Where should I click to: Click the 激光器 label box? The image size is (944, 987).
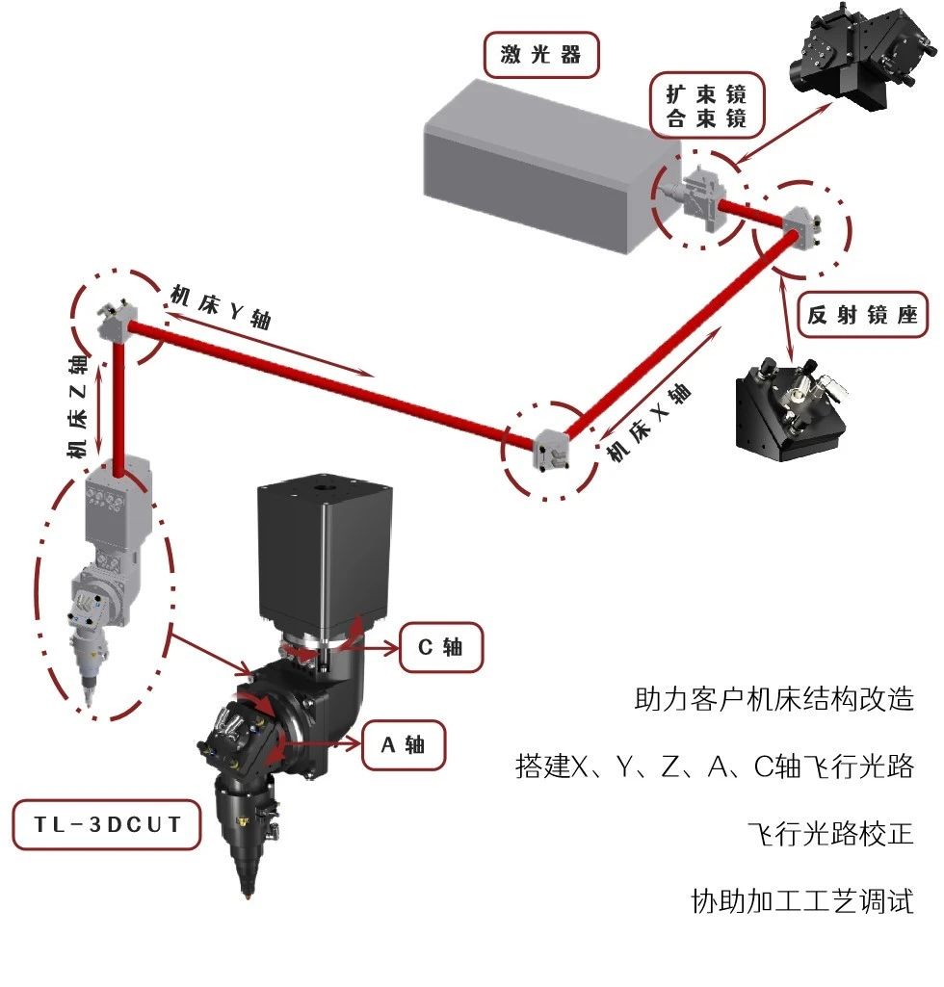(x=541, y=55)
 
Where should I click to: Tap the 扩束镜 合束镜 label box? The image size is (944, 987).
(x=706, y=106)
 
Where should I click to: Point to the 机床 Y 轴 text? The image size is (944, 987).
(x=221, y=307)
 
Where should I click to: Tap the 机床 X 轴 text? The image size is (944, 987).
(x=649, y=424)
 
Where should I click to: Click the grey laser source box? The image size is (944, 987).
(x=549, y=164)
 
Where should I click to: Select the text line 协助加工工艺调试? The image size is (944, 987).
(x=801, y=901)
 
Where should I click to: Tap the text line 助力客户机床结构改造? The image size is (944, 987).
(x=774, y=698)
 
